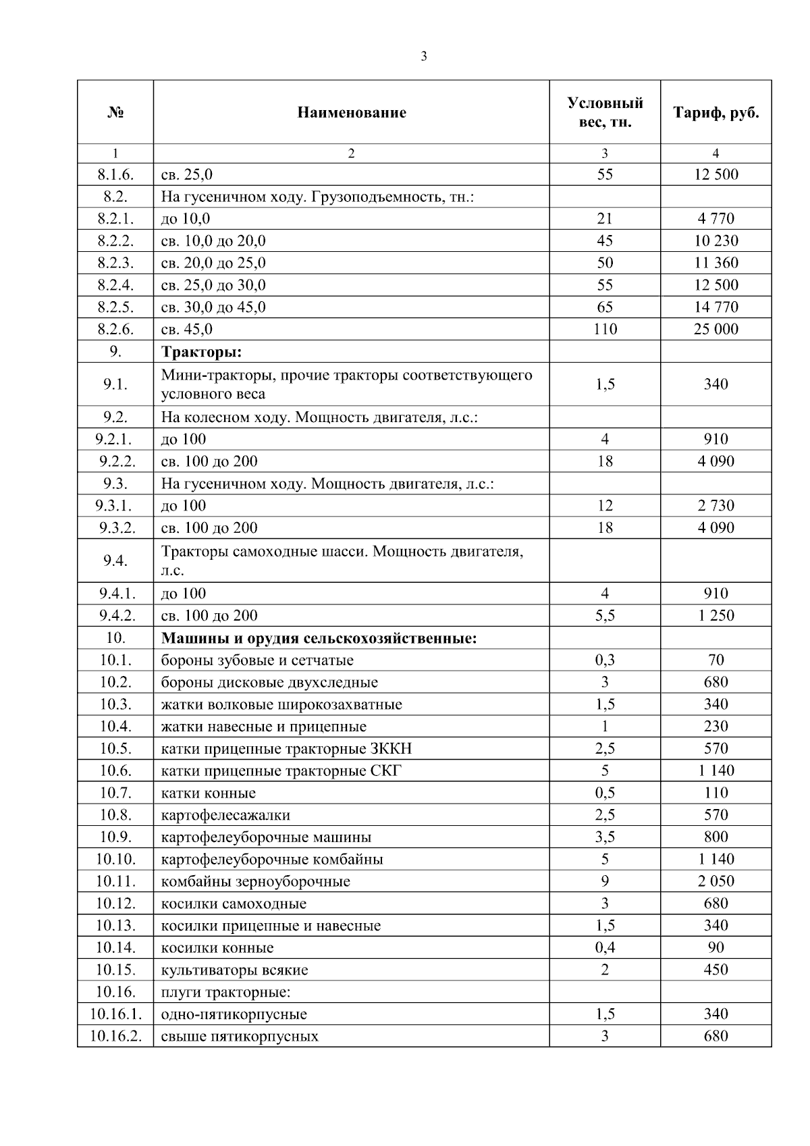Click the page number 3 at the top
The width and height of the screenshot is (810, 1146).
click(423, 57)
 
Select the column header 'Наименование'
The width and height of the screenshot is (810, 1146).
click(351, 113)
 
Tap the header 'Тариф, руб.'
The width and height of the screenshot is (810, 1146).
click(715, 113)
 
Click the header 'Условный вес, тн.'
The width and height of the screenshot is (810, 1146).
click(604, 113)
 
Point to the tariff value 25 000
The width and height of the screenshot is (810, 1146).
click(715, 330)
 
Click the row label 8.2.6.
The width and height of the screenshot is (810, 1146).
click(115, 330)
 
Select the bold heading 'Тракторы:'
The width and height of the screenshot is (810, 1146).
click(201, 352)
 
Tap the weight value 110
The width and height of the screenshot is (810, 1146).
click(604, 330)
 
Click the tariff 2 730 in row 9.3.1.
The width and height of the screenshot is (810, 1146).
click(715, 506)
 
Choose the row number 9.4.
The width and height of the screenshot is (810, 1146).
click(115, 561)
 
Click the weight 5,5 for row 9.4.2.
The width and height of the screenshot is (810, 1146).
click(604, 616)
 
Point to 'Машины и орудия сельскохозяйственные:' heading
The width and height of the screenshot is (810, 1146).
click(319, 638)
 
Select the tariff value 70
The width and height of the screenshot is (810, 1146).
click(715, 660)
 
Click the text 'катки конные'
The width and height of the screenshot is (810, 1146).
click(208, 793)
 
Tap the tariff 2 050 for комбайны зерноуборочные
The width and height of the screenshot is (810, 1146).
click(715, 881)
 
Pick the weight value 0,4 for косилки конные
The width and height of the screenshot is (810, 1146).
click(604, 947)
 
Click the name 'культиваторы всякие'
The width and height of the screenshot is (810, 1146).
click(234, 970)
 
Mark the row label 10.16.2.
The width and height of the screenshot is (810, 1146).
click(115, 1037)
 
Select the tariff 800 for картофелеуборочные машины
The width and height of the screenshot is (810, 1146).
click(715, 837)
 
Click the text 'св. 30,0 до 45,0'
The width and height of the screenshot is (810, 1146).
click(213, 307)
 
